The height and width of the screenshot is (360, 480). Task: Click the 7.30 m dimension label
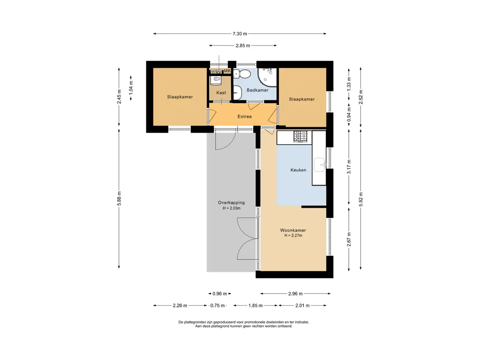tap(240, 34)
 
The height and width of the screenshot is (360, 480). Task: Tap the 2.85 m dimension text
tap(243, 45)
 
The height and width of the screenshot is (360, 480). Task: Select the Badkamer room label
tap(257, 90)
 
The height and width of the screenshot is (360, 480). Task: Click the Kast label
tap(221, 92)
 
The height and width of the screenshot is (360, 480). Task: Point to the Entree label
tap(245, 116)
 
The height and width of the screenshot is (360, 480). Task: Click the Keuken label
tap(298, 170)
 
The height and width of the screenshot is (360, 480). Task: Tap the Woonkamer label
tap(293, 230)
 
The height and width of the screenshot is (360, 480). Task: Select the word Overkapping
tap(232, 202)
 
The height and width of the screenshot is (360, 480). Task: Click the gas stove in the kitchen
tap(300, 136)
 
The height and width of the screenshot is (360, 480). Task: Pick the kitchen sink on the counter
tap(320, 165)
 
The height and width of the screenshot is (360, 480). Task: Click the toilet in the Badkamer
tap(242, 74)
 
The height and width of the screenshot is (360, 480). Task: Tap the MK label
tap(227, 71)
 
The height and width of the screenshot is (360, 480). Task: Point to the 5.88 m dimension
tap(120, 198)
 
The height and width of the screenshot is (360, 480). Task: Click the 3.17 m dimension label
tap(349, 167)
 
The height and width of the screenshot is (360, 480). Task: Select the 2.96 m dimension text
tap(295, 293)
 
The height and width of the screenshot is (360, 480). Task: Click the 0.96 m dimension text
tap(220, 293)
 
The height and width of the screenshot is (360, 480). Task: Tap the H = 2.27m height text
tap(293, 235)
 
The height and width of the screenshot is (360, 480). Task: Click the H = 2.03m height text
tap(232, 208)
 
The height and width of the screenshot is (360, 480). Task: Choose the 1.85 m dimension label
tap(255, 305)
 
